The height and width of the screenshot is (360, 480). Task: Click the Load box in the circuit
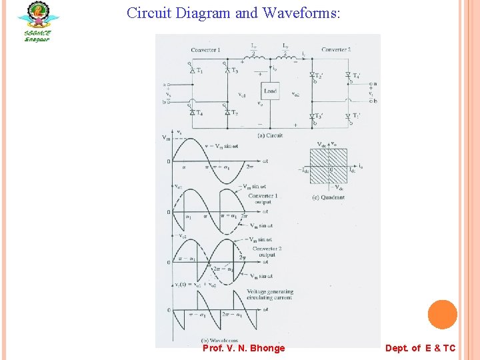(x=269, y=91)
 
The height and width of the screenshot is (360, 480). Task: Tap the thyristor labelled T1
(x=193, y=70)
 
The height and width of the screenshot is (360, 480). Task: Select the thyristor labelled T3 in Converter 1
(x=227, y=70)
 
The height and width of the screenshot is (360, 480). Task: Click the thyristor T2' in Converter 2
(x=312, y=75)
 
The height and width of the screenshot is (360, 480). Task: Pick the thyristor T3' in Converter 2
(x=312, y=117)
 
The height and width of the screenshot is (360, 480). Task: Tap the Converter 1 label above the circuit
(x=205, y=50)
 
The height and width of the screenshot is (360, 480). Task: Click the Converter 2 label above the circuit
(x=336, y=49)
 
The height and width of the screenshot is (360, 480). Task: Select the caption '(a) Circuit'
(x=270, y=135)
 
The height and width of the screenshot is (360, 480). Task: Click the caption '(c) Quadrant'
(x=329, y=197)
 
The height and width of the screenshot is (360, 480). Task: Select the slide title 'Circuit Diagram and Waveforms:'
(x=233, y=13)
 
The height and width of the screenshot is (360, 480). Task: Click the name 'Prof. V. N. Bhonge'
(x=243, y=348)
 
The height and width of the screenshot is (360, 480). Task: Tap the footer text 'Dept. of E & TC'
(x=420, y=348)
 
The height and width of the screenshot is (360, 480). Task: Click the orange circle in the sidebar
(x=442, y=315)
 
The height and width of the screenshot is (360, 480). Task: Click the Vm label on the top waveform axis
(x=166, y=138)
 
